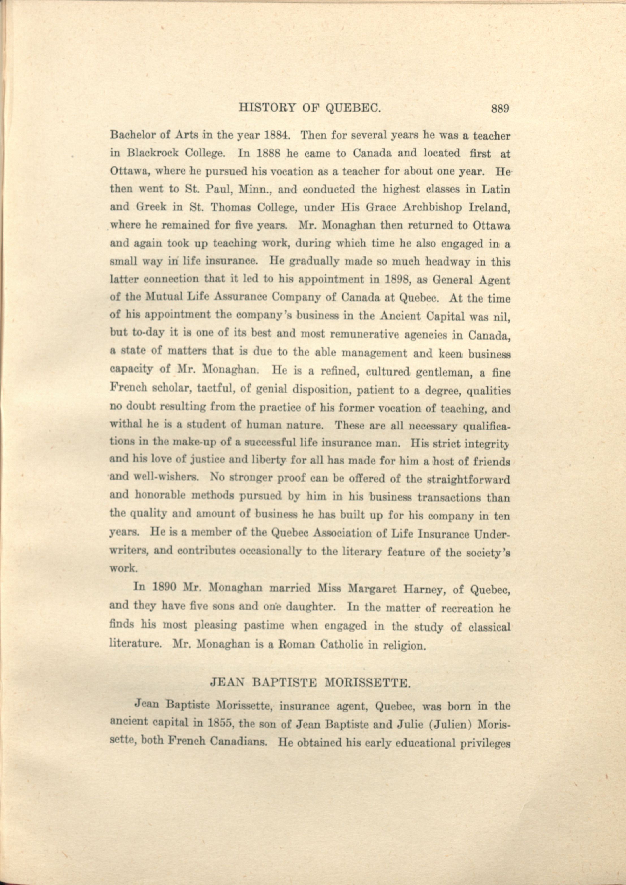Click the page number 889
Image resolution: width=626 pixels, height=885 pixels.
(x=500, y=109)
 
